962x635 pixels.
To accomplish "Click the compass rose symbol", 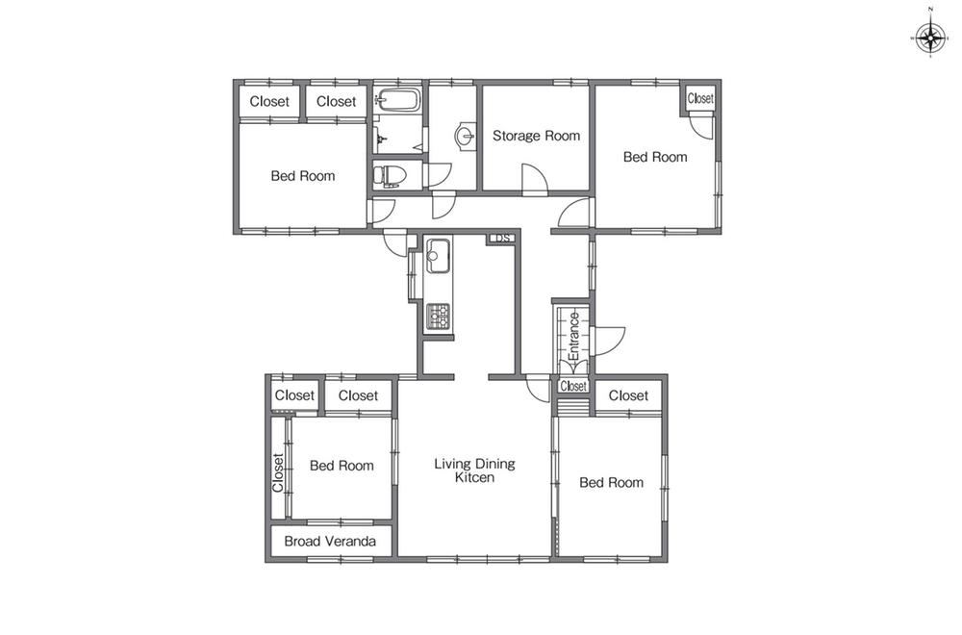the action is pos(930,39).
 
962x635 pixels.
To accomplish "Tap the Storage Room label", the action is pos(536,136).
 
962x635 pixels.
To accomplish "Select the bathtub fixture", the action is pos(397,99).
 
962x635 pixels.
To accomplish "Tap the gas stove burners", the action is pos(438,317).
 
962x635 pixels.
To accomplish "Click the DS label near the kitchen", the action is pos(502,238).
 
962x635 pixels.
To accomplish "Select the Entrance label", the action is pos(574,336).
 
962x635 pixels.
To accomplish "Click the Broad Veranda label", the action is pos(330,541).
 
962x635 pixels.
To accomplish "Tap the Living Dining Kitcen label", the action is pos(475,470).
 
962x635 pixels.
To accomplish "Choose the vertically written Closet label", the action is pos(278,472).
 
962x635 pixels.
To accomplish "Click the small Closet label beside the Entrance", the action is pos(573,386).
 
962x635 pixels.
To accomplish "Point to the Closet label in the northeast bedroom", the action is pos(700,98).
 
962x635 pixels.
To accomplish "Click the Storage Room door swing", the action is pos(534,178).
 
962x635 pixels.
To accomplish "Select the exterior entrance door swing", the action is pos(609,342).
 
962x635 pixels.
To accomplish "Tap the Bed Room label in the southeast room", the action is pos(611,483).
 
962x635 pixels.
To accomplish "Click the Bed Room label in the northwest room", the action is pos(303,176).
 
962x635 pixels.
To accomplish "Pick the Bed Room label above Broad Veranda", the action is pos(342,466).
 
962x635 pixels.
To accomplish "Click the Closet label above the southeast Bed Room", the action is pos(628,395).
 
